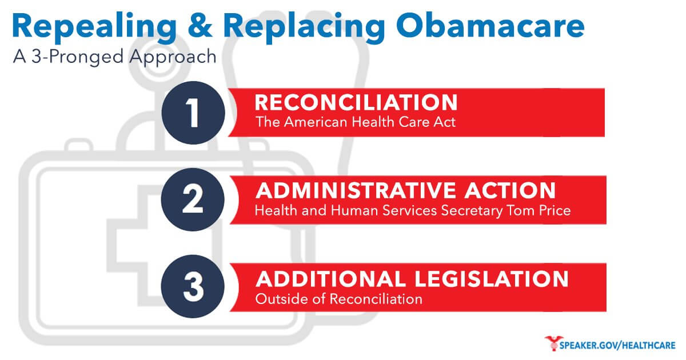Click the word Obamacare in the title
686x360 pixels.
pyautogui.click(x=490, y=26)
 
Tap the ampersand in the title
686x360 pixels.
pyautogui.click(x=200, y=26)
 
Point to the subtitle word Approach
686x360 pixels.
pyautogui.click(x=173, y=58)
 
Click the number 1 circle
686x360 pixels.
pyautogui.click(x=193, y=113)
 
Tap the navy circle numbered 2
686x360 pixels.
pyautogui.click(x=193, y=199)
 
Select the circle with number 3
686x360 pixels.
pyautogui.click(x=193, y=286)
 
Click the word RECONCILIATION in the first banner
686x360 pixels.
pyautogui.click(x=356, y=102)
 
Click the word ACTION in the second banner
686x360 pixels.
pyautogui.click(x=510, y=190)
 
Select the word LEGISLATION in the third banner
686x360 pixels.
pyautogui.click(x=492, y=279)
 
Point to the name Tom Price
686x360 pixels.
pyautogui.click(x=539, y=211)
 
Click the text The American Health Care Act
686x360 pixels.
pyautogui.click(x=356, y=122)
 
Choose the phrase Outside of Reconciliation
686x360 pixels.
pyautogui.click(x=338, y=299)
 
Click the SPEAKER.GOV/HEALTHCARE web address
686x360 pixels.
pyautogui.click(x=617, y=346)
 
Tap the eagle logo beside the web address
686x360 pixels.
pyautogui.click(x=553, y=343)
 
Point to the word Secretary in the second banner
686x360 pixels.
pyautogui.click(x=472, y=211)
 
